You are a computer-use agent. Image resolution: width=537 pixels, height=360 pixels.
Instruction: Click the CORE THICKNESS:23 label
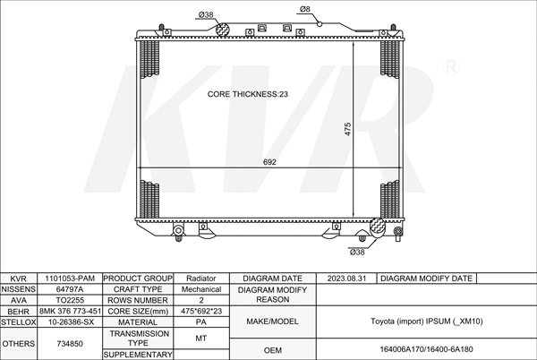[248, 94]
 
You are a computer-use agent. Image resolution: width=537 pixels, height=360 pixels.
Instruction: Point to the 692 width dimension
[269, 162]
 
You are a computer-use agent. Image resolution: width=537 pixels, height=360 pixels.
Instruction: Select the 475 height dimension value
[347, 130]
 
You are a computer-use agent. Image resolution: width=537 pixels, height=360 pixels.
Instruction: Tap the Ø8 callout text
[305, 9]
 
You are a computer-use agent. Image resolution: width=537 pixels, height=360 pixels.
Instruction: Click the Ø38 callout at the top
[206, 14]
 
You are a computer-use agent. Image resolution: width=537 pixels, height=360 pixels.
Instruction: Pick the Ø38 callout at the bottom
[357, 253]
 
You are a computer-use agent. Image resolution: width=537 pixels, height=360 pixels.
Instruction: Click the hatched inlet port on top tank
[222, 30]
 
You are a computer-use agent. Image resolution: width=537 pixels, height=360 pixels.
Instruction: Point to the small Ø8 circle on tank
[320, 23]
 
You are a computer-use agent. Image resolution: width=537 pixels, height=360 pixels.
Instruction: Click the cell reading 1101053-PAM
[70, 279]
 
